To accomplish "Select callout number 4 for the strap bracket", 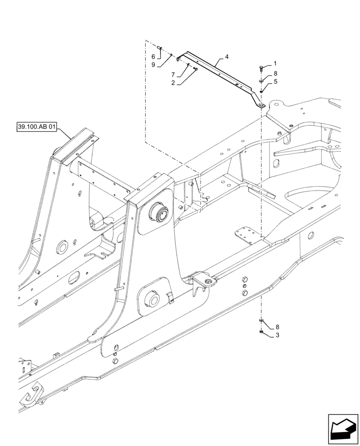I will [x=227, y=57].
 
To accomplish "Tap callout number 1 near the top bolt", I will [x=275, y=63].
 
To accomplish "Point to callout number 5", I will [x=275, y=82].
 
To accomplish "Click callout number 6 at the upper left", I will [x=153, y=57].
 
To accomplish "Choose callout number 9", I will [x=153, y=65].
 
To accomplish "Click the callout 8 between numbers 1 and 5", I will [x=275, y=73].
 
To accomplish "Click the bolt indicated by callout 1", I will [x=261, y=68].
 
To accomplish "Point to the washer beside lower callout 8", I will [x=261, y=321].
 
